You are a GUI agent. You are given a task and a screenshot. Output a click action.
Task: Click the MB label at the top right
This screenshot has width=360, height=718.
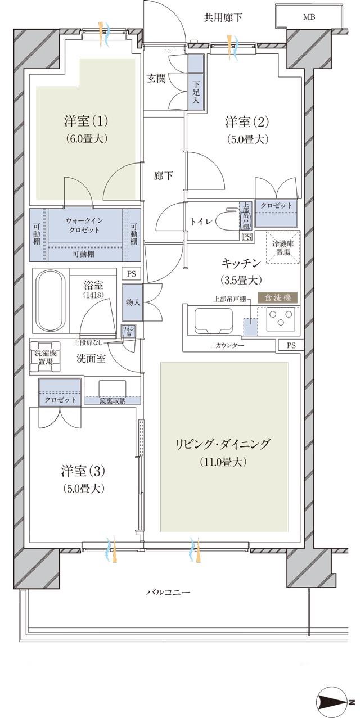[309, 17]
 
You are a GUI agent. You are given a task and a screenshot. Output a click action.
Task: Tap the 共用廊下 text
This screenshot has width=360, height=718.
[223, 18]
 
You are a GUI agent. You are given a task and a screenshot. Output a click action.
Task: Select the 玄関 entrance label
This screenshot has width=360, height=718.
[156, 79]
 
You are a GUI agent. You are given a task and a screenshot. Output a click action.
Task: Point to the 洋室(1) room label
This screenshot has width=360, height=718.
[86, 121]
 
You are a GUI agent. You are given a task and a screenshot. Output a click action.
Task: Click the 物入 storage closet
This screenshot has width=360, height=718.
[133, 302]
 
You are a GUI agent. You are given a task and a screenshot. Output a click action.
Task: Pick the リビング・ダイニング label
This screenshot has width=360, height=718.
[223, 444]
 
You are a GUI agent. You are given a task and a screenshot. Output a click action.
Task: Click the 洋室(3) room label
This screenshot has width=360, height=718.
[84, 471]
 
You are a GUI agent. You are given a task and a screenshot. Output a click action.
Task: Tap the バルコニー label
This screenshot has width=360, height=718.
[168, 592]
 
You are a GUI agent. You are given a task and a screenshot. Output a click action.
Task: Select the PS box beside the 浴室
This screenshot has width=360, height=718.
[131, 274]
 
